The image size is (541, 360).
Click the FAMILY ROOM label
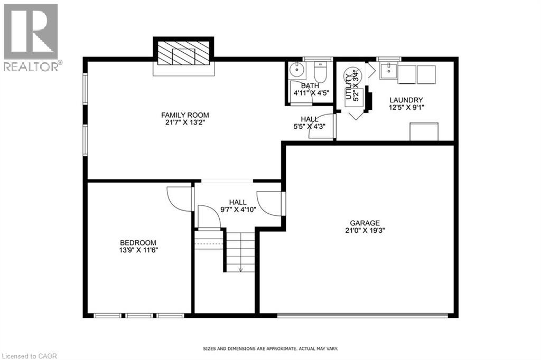click(x=185, y=115)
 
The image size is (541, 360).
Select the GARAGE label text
click(x=365, y=223)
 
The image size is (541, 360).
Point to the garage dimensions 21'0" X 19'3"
click(x=365, y=230)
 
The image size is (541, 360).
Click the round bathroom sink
click(x=297, y=69)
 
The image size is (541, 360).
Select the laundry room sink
click(x=388, y=69)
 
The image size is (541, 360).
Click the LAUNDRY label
click(x=406, y=100)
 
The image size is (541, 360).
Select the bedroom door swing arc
click(x=177, y=199)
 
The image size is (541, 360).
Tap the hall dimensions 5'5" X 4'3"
click(x=309, y=126)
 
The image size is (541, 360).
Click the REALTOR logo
click(x=31, y=37)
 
